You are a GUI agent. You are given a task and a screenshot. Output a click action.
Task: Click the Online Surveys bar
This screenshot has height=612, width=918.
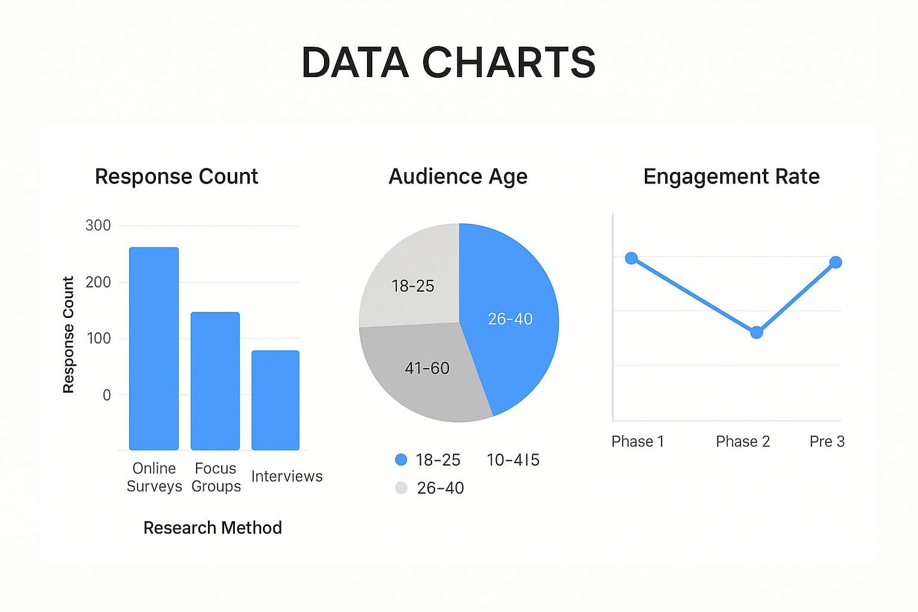pos(154,348)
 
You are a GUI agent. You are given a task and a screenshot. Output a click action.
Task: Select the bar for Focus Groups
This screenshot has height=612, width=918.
pos(215,381)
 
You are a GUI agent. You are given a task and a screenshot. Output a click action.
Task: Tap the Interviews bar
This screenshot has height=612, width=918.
pos(276,400)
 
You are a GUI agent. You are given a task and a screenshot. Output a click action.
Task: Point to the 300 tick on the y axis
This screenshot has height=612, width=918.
pos(98,225)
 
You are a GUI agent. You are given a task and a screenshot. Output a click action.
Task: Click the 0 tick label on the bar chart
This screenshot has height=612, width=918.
pos(106,395)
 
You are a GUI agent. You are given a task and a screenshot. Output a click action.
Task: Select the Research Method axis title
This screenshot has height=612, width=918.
pos(213,528)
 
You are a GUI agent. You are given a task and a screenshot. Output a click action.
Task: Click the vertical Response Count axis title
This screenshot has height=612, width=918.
pos(68,335)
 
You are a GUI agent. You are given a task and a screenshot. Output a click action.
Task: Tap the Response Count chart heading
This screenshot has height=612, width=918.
pos(177,177)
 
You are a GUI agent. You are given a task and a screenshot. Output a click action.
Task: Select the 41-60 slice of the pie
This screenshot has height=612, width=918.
pos(426,369)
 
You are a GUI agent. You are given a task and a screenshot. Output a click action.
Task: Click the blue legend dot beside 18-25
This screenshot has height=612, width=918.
pos(401,460)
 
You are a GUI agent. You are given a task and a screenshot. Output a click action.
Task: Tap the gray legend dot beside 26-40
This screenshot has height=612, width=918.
pos(401,488)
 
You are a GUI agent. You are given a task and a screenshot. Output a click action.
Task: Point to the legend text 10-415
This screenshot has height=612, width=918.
pos(513,460)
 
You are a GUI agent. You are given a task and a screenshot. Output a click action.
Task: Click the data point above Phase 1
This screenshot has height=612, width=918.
pos(632,258)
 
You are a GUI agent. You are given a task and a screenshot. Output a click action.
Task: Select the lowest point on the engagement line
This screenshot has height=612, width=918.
pos(757,332)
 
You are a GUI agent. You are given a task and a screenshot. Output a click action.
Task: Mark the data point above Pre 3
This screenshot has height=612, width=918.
pos(836,262)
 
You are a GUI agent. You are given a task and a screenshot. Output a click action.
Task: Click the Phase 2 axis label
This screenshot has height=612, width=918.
pos(743,442)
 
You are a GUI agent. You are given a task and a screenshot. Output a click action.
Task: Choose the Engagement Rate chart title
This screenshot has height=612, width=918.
pos(732,177)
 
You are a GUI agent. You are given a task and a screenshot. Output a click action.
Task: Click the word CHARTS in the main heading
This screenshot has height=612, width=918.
pos(509,62)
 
